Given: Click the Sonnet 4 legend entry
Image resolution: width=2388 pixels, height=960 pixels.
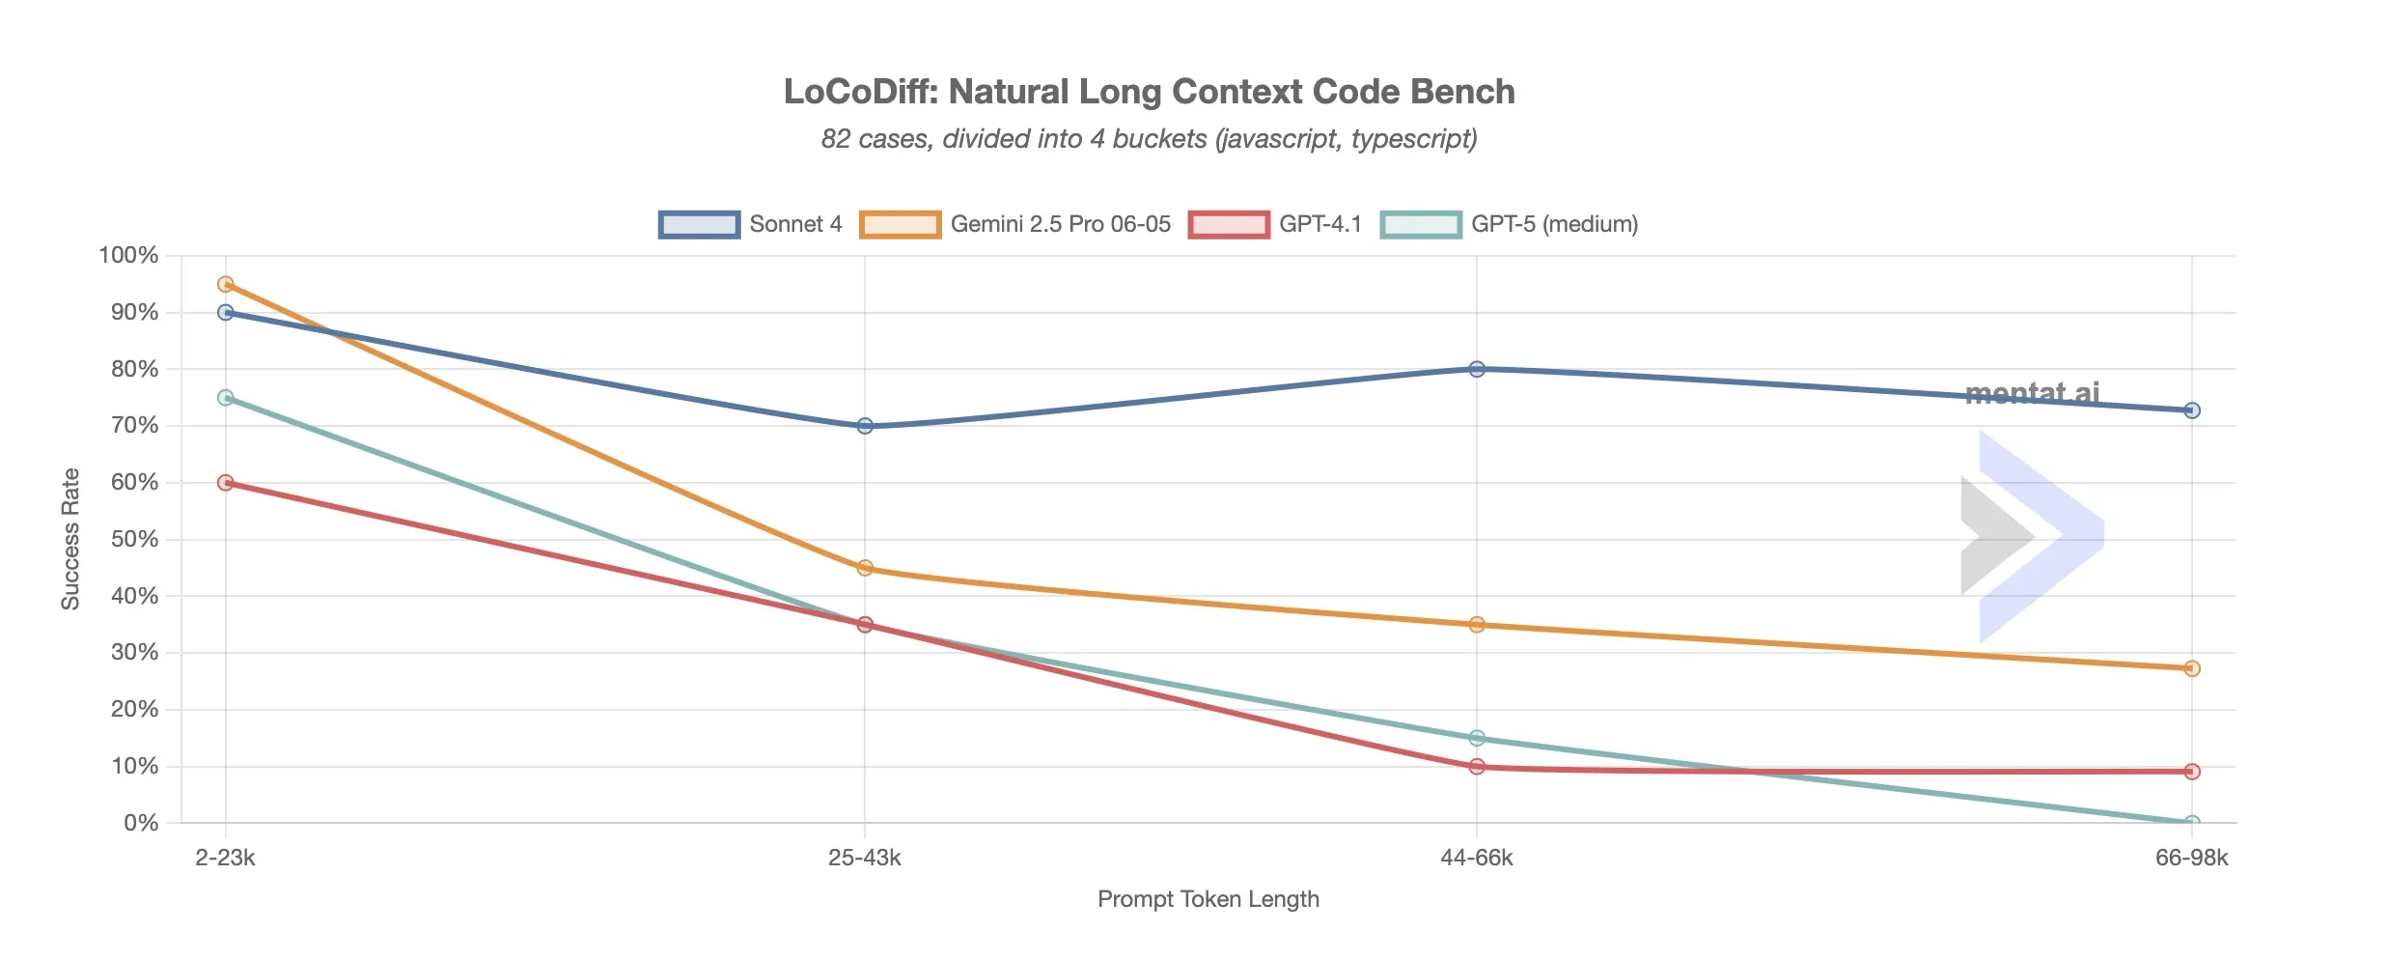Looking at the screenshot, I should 751,224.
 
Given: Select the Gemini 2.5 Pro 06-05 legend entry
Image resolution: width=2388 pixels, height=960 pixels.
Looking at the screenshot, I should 1015,224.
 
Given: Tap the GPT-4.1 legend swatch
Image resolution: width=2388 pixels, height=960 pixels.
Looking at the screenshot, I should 1228,224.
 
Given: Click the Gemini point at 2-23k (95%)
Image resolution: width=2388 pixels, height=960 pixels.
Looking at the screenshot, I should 226,284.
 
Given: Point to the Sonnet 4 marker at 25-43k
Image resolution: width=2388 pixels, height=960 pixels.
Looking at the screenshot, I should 865,426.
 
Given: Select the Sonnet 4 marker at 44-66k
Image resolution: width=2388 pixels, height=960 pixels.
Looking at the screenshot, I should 1477,369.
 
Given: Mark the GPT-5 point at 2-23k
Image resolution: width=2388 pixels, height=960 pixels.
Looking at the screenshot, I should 226,398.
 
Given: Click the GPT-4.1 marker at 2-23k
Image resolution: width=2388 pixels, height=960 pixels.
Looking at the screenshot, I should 226,483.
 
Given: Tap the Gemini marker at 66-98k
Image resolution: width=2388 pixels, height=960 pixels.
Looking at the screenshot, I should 2192,668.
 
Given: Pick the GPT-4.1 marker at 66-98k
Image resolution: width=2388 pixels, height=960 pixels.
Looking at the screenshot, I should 2192,772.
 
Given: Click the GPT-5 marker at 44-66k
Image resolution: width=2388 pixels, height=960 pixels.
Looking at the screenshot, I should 1477,738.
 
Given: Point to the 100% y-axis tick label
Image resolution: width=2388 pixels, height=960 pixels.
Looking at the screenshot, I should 128,256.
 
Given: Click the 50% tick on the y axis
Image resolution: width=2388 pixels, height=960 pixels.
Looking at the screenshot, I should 134,540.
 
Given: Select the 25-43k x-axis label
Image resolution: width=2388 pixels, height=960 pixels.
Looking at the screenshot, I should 865,858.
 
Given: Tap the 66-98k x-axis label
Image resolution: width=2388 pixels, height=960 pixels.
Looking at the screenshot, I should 2191,858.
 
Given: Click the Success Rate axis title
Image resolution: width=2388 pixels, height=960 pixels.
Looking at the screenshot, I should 70,539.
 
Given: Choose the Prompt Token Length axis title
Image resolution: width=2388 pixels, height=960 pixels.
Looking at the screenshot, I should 1208,899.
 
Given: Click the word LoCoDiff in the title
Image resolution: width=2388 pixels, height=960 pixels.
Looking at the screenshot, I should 860,92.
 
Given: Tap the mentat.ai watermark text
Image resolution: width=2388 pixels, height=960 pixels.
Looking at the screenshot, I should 2032,393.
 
